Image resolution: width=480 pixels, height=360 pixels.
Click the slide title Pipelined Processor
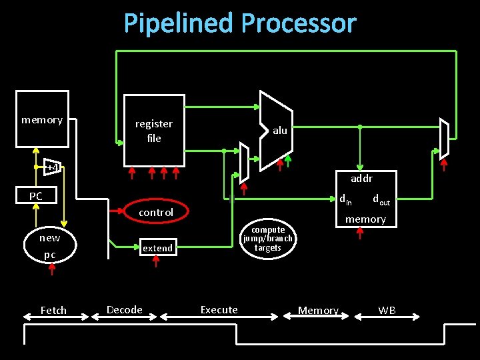pos(240,23)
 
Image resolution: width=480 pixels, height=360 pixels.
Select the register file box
pos(154,131)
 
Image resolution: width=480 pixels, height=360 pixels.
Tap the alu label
pos(280,131)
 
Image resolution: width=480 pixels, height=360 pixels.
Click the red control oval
pos(156,212)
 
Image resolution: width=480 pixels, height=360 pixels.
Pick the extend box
pos(158,247)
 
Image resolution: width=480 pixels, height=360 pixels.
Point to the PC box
pos(36,196)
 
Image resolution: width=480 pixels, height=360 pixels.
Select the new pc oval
pos(50,246)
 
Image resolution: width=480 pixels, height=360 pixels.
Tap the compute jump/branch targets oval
pos(267,239)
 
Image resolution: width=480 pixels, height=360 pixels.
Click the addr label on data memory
pos(361,179)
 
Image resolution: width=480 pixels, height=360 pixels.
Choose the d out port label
pos(381,199)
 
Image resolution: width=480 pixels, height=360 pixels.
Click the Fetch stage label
pos(53,310)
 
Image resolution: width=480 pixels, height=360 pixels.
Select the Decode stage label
pos(125,309)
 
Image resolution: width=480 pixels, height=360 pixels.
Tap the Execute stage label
pos(219,309)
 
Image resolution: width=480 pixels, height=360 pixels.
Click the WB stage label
pos(387,310)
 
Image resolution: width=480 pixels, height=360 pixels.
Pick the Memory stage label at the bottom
pos(318,310)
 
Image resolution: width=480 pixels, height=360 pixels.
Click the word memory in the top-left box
pos(42,120)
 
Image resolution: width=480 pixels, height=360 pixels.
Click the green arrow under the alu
pos(288,162)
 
